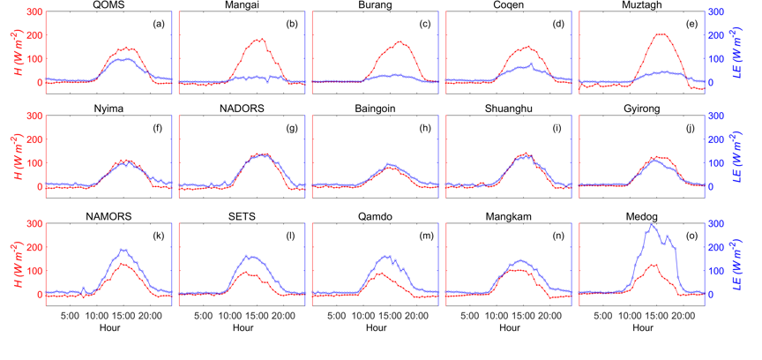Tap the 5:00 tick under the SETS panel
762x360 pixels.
(202, 314)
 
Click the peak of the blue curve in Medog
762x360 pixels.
(652, 225)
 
